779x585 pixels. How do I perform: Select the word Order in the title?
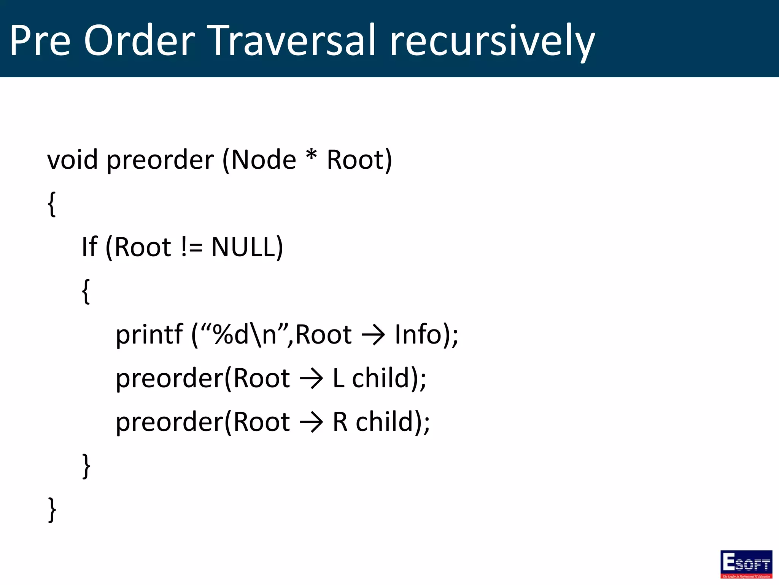coord(139,40)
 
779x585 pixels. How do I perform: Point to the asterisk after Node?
coord(311,155)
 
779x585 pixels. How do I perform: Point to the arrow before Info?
coord(373,336)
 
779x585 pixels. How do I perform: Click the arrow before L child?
coord(311,379)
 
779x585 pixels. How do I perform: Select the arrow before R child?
coord(311,423)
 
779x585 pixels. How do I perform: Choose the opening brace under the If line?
coord(86,291)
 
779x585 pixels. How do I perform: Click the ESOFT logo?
coord(746,564)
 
